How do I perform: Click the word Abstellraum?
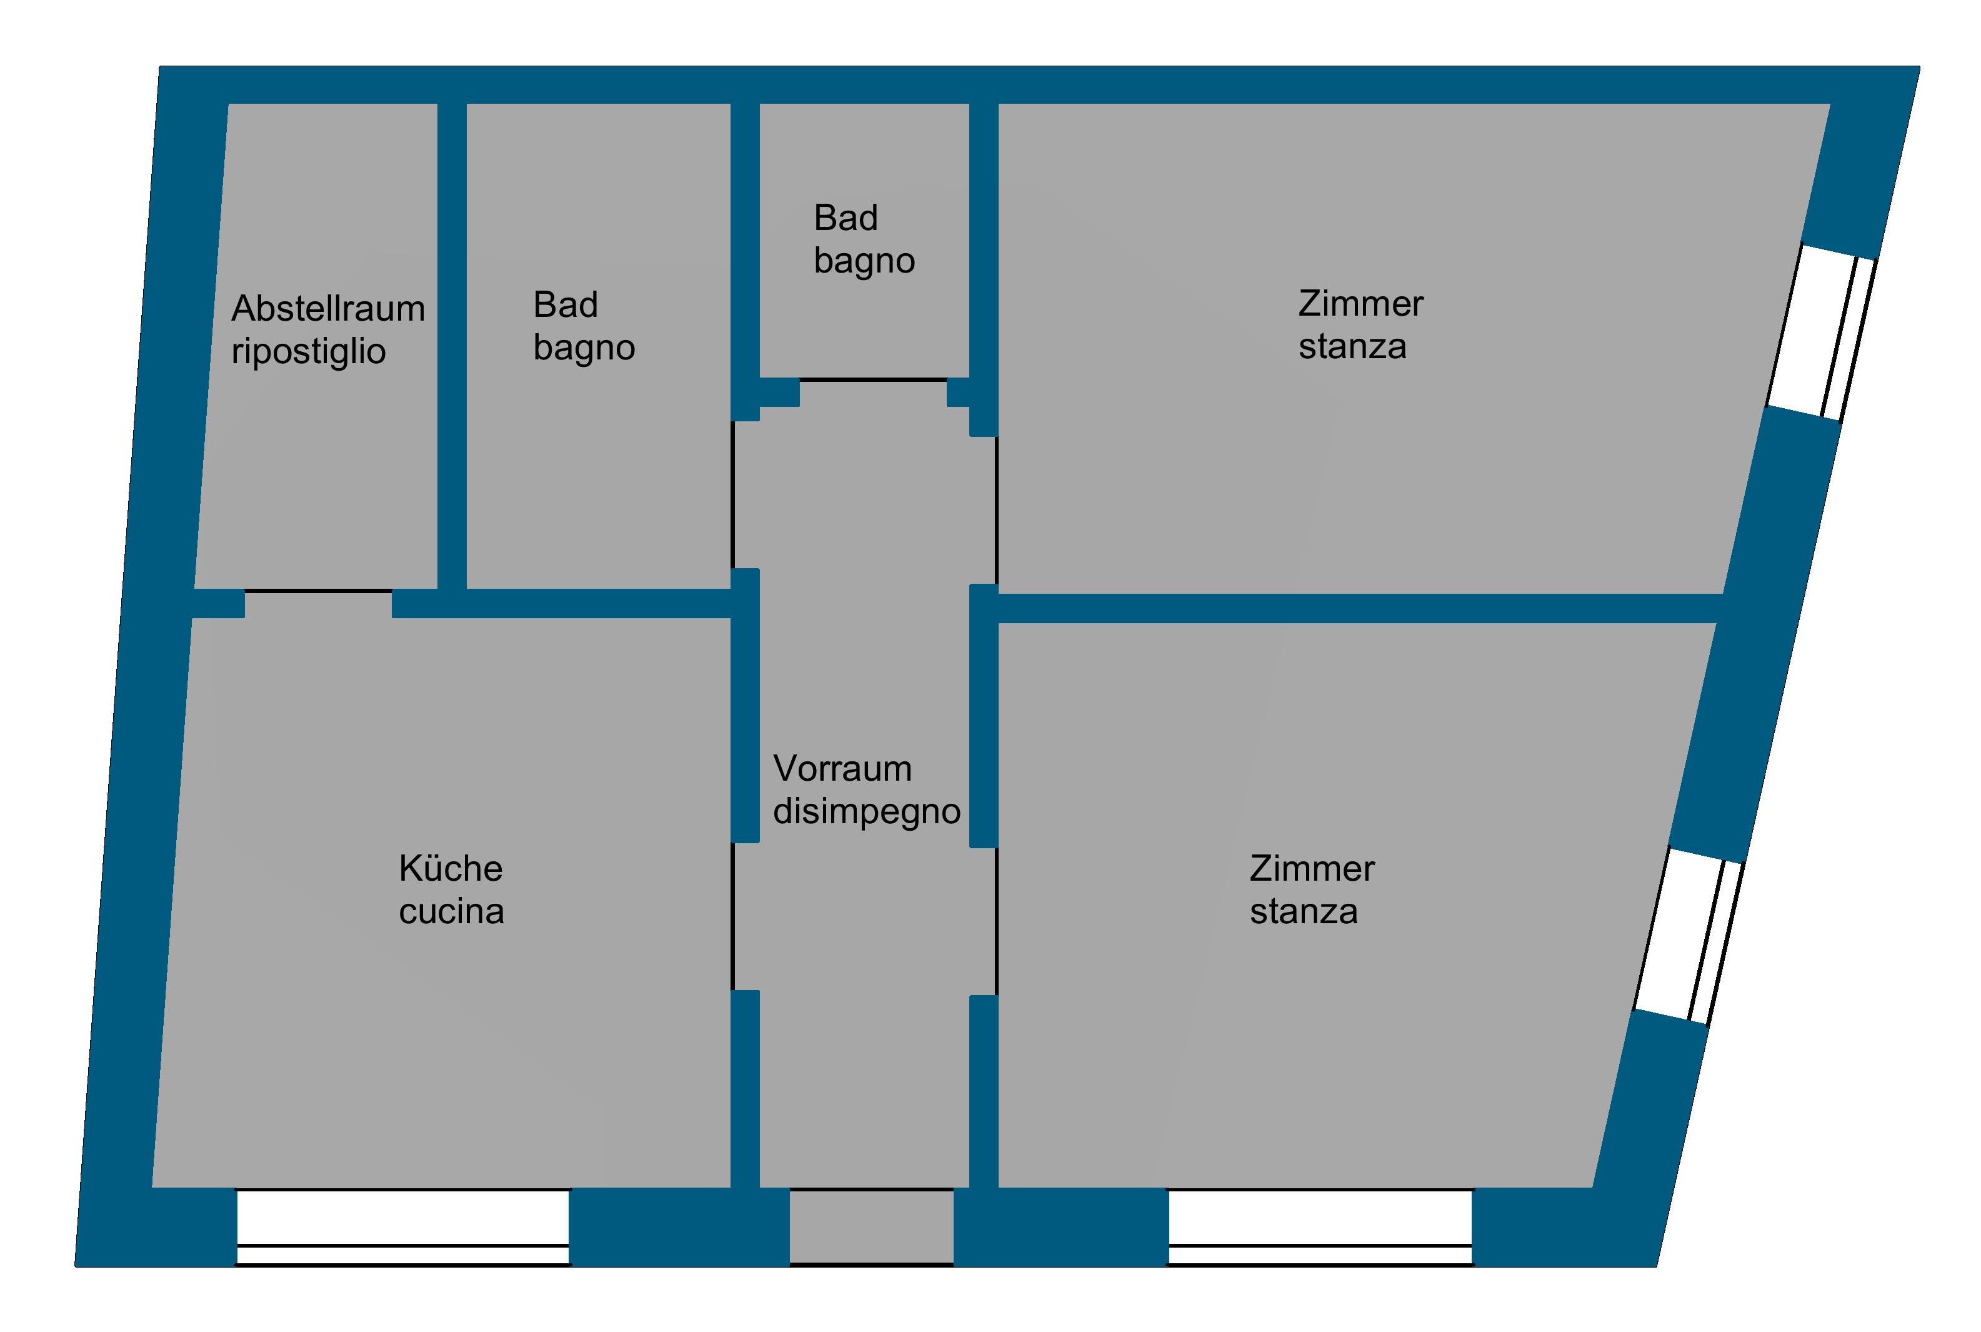pos(327,308)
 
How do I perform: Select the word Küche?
pos(451,868)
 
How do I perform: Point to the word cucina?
pos(452,911)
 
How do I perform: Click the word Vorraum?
pos(842,769)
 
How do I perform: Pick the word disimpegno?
pos(867,812)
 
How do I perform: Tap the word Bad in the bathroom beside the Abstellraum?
pos(566,305)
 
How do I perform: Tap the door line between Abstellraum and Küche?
pos(319,591)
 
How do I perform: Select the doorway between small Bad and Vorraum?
pos(873,379)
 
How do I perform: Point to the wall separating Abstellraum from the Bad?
pos(452,346)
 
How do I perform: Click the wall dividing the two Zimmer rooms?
pos(1359,608)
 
